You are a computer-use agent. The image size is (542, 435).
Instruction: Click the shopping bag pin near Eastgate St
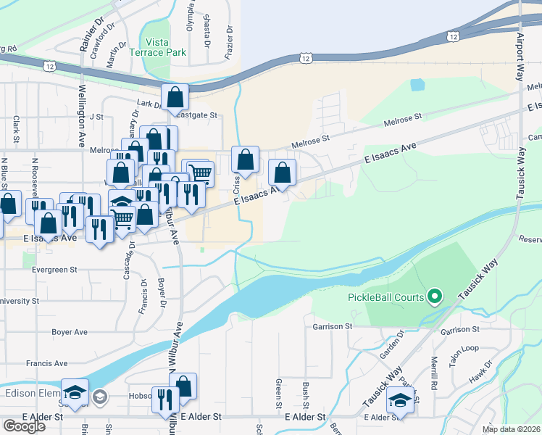pyautogui.click(x=175, y=96)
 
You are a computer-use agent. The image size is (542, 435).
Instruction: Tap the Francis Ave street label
pyautogui.click(x=46, y=364)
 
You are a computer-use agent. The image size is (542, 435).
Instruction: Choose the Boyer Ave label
pyautogui.click(x=70, y=332)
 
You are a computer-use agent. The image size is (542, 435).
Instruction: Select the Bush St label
pyautogui.click(x=307, y=391)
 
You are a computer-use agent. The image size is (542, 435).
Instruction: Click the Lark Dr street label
pyautogui.click(x=149, y=104)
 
